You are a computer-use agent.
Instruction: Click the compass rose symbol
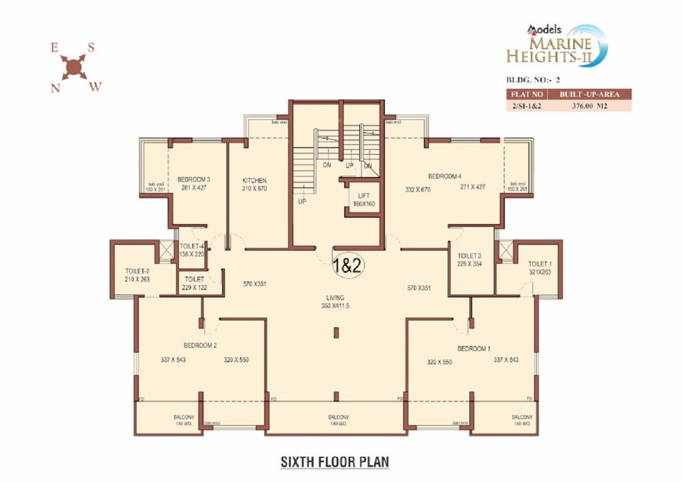[73, 65]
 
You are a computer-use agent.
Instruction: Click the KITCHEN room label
[254, 180]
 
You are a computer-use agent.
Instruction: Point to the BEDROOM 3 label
[193, 179]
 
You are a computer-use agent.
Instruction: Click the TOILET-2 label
[136, 271]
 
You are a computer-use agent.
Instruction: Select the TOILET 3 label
[470, 256]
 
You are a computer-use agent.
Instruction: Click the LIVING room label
[335, 297]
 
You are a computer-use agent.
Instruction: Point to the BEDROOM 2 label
[200, 346]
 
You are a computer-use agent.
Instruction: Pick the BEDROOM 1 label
[474, 348]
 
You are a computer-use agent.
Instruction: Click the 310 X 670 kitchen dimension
[254, 188]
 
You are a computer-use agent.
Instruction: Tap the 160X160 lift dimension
[362, 203]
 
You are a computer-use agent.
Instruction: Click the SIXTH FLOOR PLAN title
[334, 462]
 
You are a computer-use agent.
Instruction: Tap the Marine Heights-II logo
[559, 46]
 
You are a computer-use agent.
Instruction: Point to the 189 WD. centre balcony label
[338, 424]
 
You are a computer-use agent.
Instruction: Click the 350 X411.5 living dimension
[335, 306]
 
